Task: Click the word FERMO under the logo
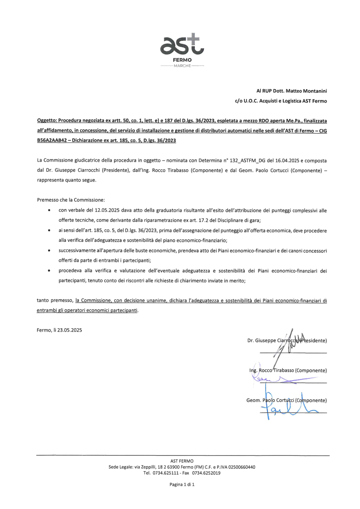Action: click(x=182, y=60)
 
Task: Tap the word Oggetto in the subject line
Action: click(x=47, y=121)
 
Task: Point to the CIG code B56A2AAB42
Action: click(x=52, y=140)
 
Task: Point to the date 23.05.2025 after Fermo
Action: click(x=69, y=330)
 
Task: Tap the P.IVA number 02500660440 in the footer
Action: click(x=242, y=467)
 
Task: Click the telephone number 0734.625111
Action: click(x=166, y=473)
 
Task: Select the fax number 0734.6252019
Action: click(x=206, y=473)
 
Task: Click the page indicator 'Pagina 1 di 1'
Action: click(x=182, y=485)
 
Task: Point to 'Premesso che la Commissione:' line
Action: click(x=71, y=200)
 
